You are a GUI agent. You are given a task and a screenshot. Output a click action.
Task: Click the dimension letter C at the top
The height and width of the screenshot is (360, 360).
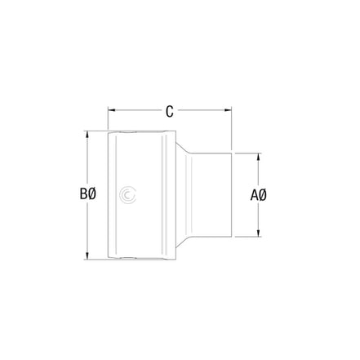(x=169, y=112)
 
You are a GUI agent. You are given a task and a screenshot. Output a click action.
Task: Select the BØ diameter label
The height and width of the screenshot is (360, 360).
(x=88, y=194)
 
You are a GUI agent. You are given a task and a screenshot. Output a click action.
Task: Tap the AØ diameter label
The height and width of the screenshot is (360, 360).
(x=259, y=195)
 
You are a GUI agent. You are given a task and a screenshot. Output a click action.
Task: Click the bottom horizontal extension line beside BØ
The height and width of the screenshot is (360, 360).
(x=95, y=260)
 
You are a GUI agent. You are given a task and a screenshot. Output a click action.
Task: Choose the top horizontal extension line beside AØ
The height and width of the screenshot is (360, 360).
(x=248, y=152)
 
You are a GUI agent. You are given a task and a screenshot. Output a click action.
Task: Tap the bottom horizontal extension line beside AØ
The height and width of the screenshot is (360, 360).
(x=248, y=238)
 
